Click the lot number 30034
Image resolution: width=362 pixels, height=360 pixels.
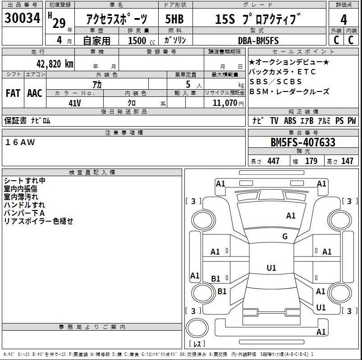22,19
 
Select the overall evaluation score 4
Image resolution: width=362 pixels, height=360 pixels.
344,20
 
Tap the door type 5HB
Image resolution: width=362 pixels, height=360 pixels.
175,19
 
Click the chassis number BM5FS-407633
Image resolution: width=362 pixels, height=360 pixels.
302,143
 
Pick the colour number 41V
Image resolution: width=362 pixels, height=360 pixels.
75,103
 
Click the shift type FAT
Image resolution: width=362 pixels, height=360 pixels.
13,93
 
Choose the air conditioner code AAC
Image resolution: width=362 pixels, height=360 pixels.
35,93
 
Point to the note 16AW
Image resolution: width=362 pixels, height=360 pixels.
20,142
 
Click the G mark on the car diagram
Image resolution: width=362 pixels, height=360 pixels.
285,237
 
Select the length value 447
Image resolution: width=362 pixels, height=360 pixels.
274,161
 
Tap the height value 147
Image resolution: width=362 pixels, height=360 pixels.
347,161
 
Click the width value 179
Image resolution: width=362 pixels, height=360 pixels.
311,161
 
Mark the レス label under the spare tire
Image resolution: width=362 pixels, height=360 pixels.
197,346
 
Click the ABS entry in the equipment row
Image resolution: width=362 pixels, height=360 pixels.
290,121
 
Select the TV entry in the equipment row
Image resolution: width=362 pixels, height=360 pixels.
274,121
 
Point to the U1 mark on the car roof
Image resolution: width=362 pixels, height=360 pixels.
271,268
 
